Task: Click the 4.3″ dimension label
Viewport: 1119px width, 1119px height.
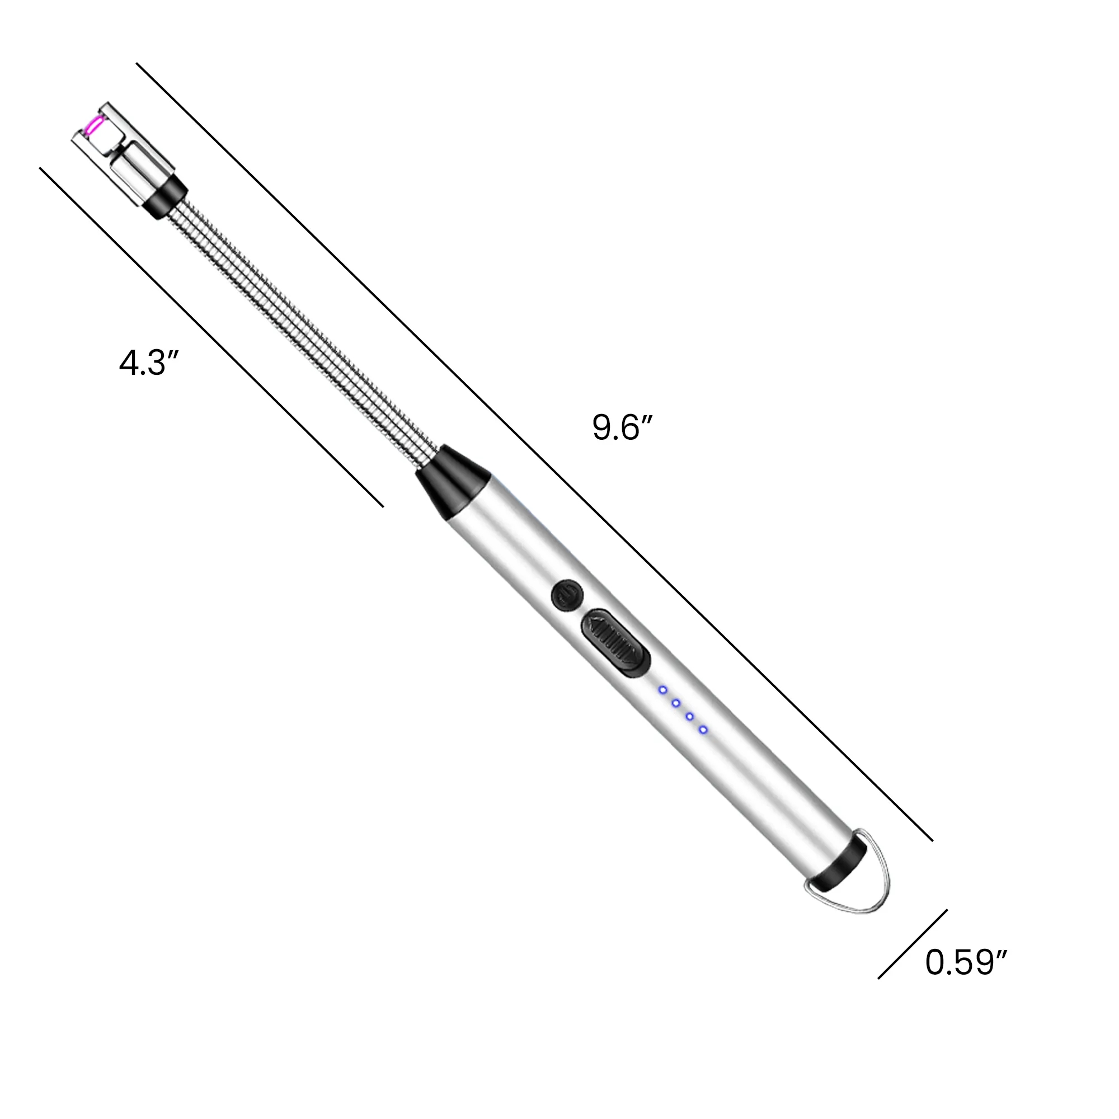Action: [x=149, y=363]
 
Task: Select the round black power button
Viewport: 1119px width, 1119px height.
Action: [x=567, y=595]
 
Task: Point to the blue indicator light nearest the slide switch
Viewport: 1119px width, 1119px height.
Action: [x=663, y=690]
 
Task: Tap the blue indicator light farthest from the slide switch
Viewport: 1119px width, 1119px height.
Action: [x=703, y=730]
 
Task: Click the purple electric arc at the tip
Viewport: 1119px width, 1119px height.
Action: [x=92, y=126]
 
